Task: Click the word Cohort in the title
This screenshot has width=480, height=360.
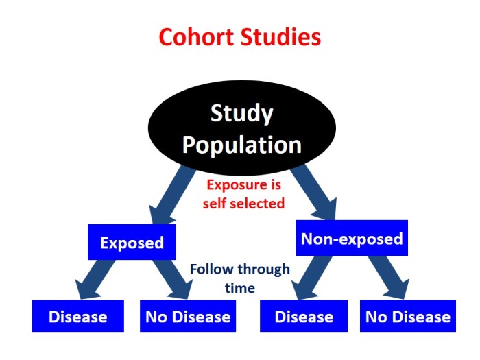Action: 195,36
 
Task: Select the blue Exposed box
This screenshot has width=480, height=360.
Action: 132,243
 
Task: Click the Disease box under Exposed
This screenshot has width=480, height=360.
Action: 77,316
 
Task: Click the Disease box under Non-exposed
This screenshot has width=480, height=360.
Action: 304,316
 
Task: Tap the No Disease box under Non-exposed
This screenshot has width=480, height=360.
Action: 408,316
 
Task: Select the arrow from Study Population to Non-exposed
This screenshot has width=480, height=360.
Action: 316,188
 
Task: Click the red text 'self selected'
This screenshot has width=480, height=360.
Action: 245,203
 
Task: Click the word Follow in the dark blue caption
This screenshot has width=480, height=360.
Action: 211,269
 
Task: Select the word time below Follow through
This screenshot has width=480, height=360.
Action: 240,288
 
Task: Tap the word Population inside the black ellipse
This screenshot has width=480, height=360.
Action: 242,145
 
